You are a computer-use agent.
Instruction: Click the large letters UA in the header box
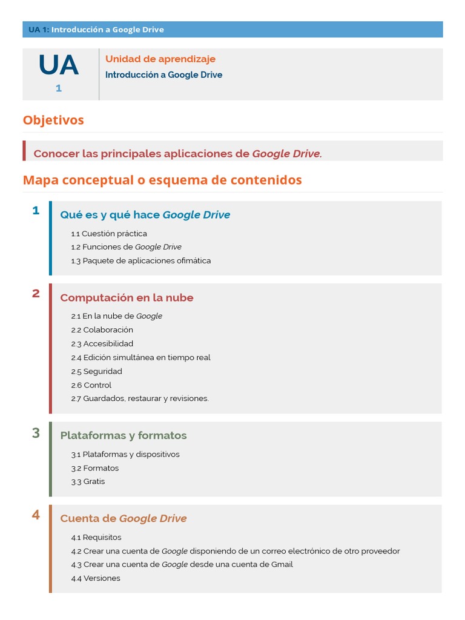[59, 65]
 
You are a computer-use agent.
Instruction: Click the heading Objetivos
[53, 120]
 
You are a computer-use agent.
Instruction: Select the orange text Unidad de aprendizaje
[160, 59]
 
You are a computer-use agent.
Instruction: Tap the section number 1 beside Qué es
[36, 211]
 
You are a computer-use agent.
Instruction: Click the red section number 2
[36, 294]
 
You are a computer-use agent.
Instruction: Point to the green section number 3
[36, 433]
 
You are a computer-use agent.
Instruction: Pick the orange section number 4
[36, 515]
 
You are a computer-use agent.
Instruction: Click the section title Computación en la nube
[127, 298]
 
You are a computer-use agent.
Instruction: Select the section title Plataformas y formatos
[124, 435]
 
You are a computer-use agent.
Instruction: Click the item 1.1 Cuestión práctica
[109, 234]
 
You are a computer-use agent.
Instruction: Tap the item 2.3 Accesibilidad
[102, 344]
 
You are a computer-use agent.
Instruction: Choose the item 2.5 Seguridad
[96, 371]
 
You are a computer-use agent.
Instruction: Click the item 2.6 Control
[91, 385]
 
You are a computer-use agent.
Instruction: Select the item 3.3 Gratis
[88, 482]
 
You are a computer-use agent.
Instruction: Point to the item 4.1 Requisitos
[96, 538]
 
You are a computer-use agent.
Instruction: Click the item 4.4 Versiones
[96, 578]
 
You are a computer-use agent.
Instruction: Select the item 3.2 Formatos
[95, 468]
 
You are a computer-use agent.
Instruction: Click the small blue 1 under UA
[59, 88]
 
